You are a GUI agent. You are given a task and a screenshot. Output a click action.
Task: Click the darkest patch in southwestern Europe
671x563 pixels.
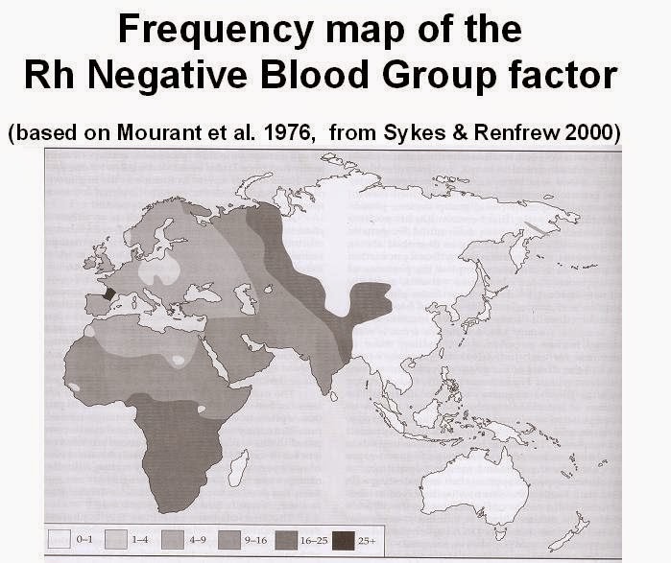(x=108, y=294)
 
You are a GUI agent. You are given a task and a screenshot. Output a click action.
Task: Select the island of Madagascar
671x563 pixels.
(x=238, y=467)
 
